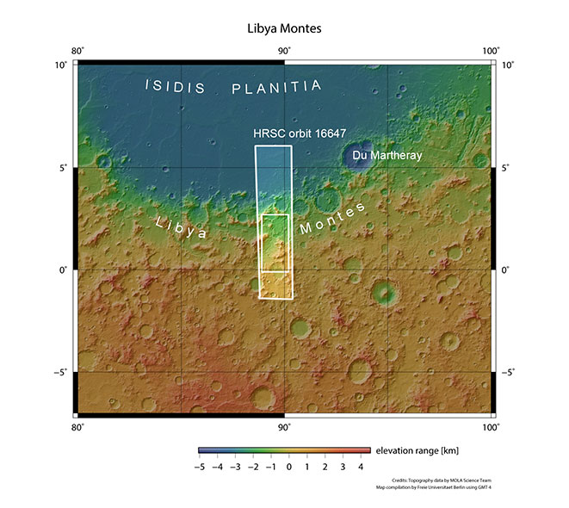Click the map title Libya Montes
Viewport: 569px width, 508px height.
coord(284,28)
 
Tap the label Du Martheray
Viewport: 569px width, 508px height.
coord(389,156)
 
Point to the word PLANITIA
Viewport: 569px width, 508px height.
coord(277,87)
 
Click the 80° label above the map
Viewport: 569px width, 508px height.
coord(77,50)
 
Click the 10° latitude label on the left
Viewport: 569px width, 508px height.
coord(61,65)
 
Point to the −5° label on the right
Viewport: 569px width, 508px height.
coord(509,373)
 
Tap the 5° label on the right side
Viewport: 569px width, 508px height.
coord(506,168)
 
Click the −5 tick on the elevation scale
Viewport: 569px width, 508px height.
coord(199,466)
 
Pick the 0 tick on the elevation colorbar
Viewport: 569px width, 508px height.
coord(289,466)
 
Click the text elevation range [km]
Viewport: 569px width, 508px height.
coord(415,450)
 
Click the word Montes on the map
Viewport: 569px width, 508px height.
coord(332,220)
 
